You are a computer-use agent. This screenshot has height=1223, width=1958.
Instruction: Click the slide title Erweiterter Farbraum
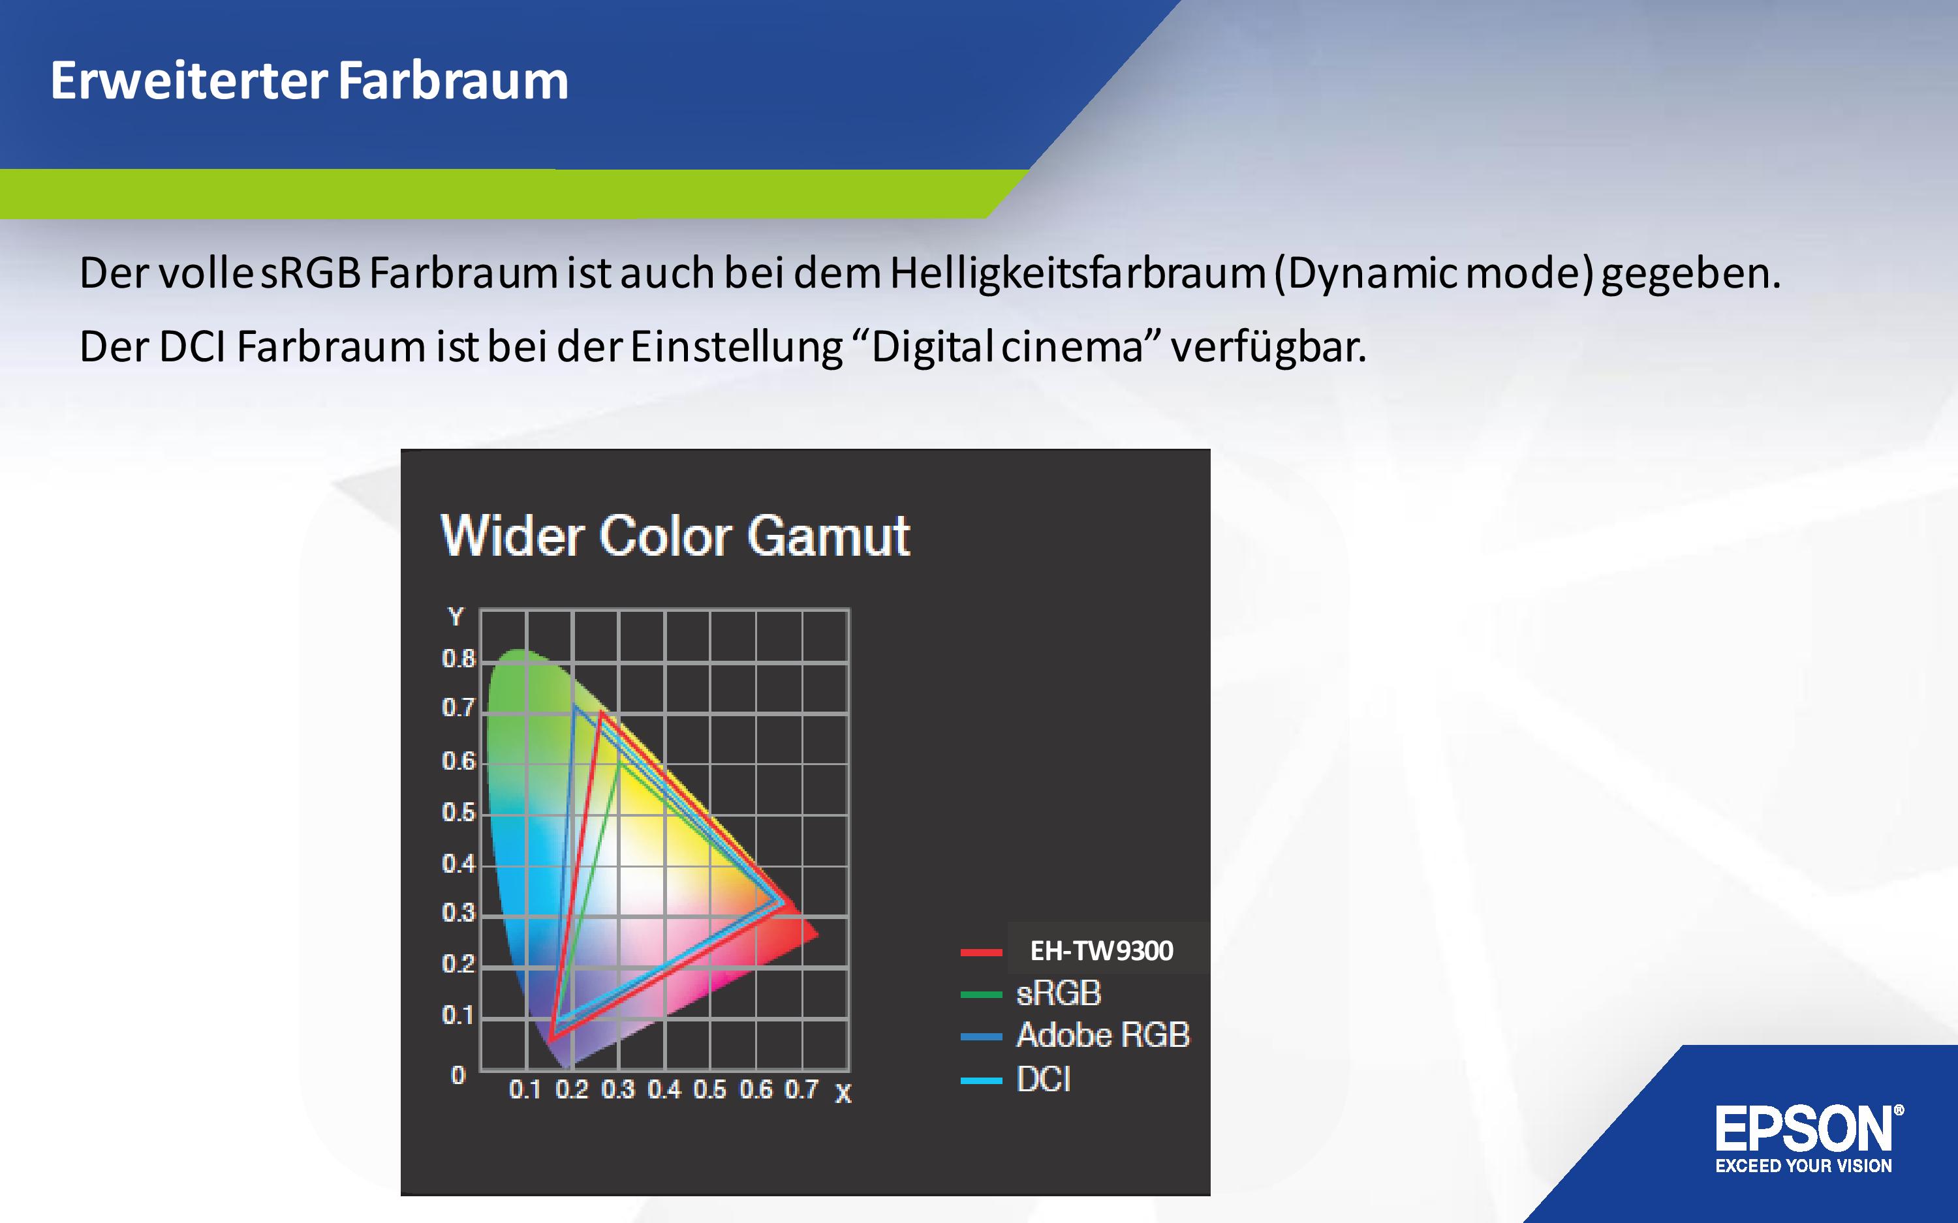[309, 81]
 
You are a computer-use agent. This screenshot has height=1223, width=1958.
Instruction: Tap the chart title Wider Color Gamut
[676, 536]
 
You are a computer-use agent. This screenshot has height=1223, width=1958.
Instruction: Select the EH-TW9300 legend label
[1101, 950]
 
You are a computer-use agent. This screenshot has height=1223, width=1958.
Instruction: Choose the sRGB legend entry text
[1058, 993]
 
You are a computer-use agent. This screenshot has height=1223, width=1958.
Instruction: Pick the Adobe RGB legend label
[1103, 1035]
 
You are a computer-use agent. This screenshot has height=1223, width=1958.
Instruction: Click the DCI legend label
[1044, 1079]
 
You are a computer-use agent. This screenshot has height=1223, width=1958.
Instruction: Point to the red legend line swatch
[982, 952]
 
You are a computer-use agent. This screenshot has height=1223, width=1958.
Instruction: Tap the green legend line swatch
[982, 994]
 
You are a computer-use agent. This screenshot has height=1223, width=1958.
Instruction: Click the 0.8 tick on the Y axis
[458, 659]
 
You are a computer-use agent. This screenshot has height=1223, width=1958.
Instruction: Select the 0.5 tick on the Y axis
[458, 813]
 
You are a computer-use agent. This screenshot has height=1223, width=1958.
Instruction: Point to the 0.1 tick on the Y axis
[458, 1015]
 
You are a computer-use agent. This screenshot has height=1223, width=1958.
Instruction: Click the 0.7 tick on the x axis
[801, 1089]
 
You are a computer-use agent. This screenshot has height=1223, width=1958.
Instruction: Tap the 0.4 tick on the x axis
[664, 1089]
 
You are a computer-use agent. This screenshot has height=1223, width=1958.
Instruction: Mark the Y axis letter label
[456, 617]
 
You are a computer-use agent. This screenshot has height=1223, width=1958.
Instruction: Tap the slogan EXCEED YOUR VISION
[1803, 1166]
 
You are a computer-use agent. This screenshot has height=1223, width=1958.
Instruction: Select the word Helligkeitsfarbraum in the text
[1078, 273]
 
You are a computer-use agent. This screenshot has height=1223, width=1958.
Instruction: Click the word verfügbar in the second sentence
[1268, 347]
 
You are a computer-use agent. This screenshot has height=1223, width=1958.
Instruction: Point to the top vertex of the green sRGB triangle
[619, 759]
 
